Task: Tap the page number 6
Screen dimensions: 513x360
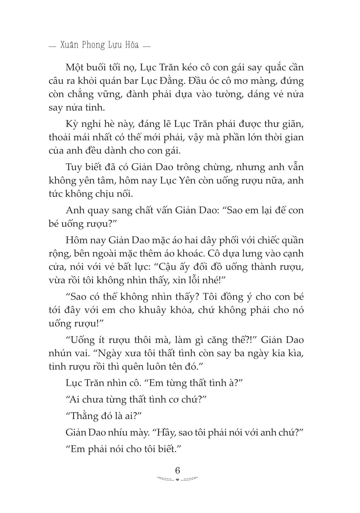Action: (x=177, y=470)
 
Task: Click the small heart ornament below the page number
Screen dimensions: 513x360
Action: (x=177, y=480)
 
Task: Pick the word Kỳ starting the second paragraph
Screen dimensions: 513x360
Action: (x=72, y=124)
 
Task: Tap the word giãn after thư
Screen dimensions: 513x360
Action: (x=292, y=124)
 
